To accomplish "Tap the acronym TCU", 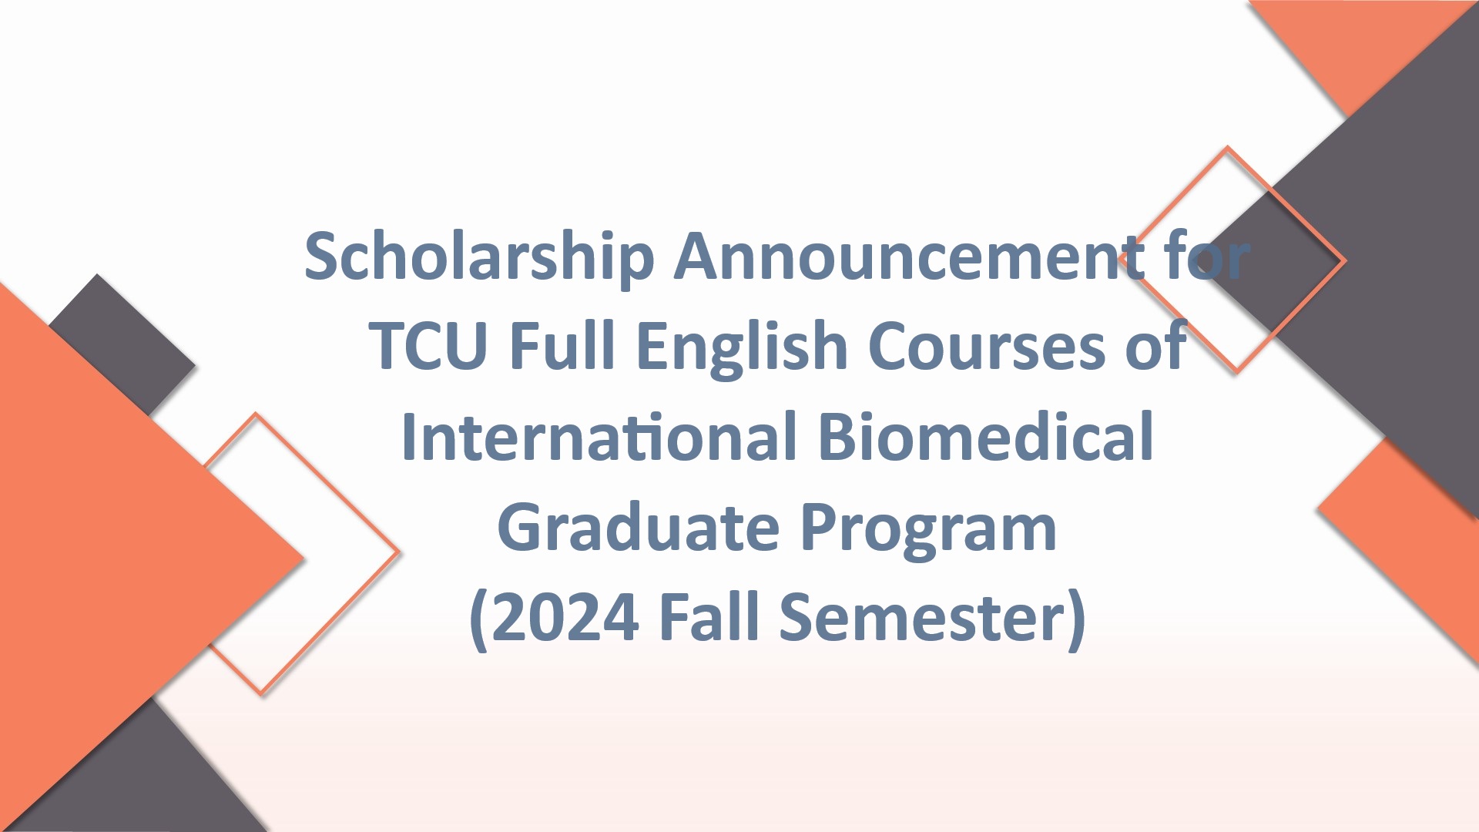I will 428,347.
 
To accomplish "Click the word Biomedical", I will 985,437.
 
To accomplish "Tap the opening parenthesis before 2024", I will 478,619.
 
